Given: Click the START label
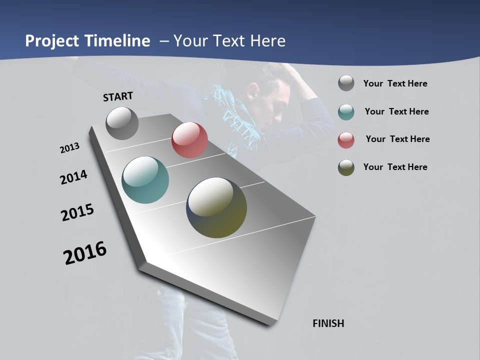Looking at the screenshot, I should pyautogui.click(x=118, y=96).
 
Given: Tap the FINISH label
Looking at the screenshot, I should pyautogui.click(x=328, y=323).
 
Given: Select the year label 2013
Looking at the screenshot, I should pyautogui.click(x=69, y=148).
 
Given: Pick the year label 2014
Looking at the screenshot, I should pyautogui.click(x=73, y=177).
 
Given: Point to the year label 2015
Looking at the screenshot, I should pyautogui.click(x=77, y=212).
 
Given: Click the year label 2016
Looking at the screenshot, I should pyautogui.click(x=85, y=252).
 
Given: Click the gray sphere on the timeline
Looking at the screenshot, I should pyautogui.click(x=122, y=123).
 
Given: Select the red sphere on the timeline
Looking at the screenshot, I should pyautogui.click(x=189, y=140).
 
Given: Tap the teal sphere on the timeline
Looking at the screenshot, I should pyautogui.click(x=145, y=180).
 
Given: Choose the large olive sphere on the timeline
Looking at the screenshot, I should pyautogui.click(x=216, y=207).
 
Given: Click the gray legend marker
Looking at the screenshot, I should pyautogui.click(x=346, y=83).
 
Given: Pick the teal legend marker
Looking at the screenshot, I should pyautogui.click(x=346, y=112).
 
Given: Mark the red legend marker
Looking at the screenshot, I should pyautogui.click(x=346, y=140).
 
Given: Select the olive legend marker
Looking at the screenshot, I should pyautogui.click(x=346, y=167).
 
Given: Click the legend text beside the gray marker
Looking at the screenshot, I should pyautogui.click(x=395, y=84).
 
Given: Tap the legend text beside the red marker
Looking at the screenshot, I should pyautogui.click(x=397, y=139).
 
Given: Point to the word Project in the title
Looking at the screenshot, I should pyautogui.click(x=53, y=41).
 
